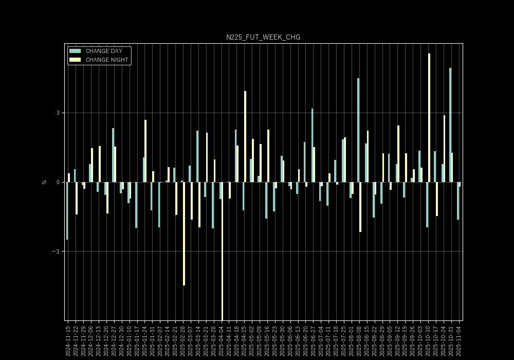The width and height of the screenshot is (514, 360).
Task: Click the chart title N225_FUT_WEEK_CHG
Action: tap(263, 38)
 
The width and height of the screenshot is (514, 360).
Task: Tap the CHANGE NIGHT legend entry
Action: tap(107, 60)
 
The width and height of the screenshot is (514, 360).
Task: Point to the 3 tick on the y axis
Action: tap(58, 113)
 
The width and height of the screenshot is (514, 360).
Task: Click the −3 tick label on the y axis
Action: tap(57, 251)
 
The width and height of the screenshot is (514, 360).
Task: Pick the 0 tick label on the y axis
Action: tap(58, 182)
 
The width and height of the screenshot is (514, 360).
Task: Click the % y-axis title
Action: tap(44, 182)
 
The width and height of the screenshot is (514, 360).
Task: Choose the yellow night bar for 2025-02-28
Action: tap(184, 233)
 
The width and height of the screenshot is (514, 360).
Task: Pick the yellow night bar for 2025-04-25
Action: tap(245, 136)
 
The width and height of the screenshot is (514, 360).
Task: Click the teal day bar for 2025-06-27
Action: tap(312, 145)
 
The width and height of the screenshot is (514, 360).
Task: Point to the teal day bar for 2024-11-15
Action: tap(67, 211)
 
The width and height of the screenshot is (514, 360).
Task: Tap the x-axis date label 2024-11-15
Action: tap(68, 340)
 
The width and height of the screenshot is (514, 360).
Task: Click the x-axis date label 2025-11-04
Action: tap(459, 340)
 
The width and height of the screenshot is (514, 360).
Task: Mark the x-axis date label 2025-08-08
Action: tap(359, 340)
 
